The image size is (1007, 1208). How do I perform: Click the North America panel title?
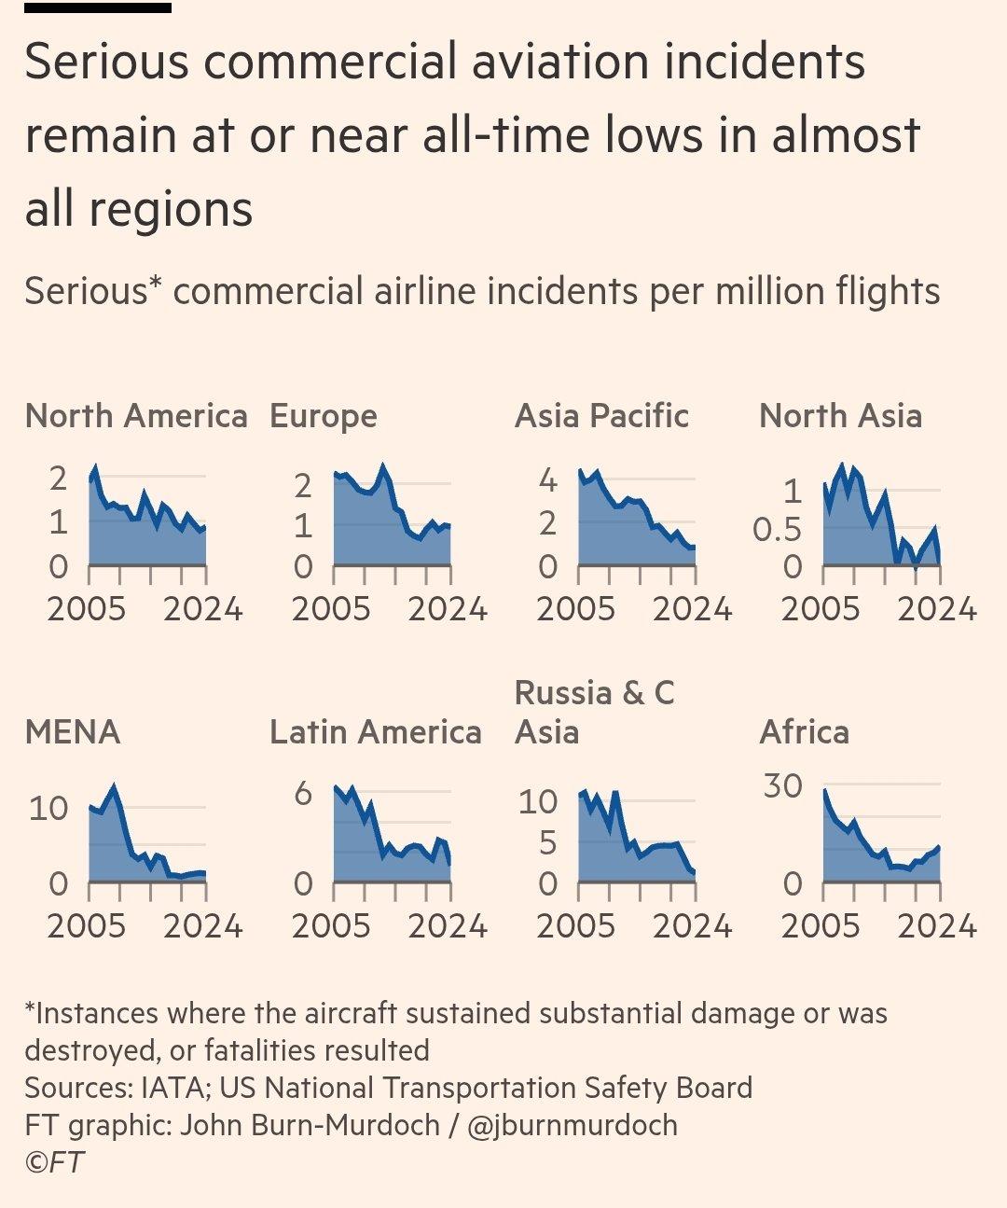click(136, 416)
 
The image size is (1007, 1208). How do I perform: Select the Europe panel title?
click(323, 416)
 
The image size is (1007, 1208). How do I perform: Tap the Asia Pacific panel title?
click(601, 416)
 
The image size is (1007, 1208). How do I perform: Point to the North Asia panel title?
click(840, 416)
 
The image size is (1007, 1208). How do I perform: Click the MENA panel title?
click(73, 732)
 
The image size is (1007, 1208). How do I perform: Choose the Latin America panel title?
click(375, 732)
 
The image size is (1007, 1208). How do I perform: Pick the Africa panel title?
click(804, 732)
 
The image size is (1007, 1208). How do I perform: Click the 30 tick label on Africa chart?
click(782, 786)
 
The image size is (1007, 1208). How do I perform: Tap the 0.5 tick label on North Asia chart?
click(777, 530)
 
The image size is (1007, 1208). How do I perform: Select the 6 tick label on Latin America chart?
click(303, 794)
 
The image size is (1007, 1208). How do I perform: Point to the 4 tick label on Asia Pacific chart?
click(548, 481)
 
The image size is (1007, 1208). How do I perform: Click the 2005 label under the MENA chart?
click(86, 926)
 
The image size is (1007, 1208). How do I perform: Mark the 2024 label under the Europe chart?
click(448, 609)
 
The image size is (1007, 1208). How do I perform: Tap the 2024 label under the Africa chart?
click(937, 926)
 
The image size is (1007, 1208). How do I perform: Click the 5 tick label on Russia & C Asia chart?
click(548, 843)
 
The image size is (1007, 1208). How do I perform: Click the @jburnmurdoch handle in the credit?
click(572, 1125)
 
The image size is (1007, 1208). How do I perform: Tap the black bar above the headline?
click(98, 7)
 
